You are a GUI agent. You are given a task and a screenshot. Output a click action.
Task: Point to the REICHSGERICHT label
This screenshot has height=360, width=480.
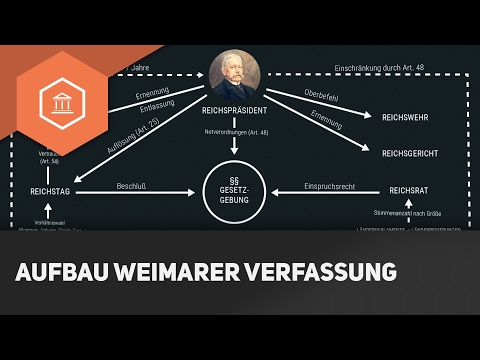411,154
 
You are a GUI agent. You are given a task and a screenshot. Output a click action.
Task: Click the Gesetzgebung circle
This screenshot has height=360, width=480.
234,187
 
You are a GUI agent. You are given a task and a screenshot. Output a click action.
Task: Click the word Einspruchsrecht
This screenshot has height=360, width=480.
330,185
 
